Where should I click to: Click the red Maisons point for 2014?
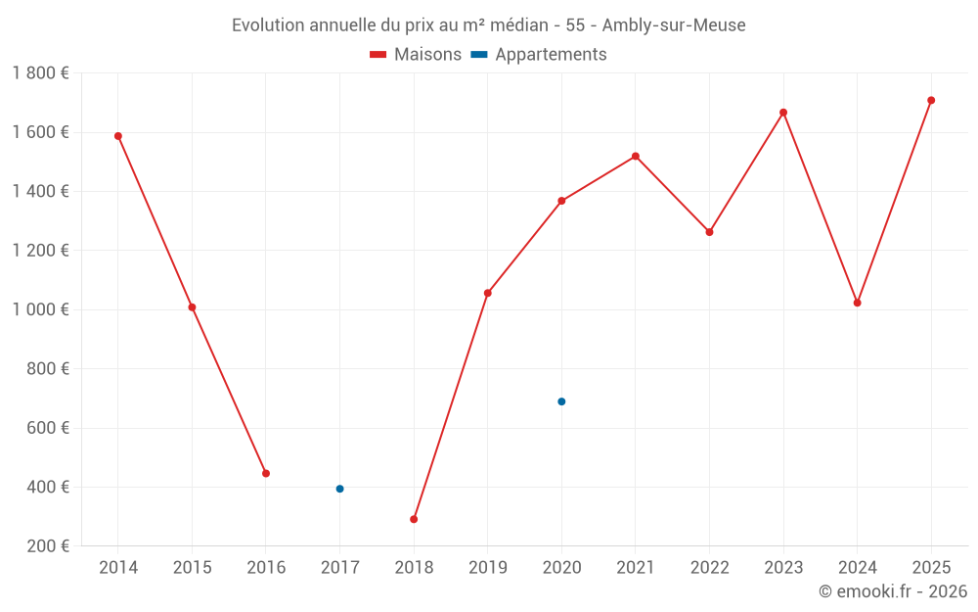(x=118, y=136)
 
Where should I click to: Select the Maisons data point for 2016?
(x=266, y=473)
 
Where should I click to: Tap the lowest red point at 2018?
(x=414, y=519)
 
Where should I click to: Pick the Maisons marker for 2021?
(x=636, y=157)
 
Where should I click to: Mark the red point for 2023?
(x=783, y=113)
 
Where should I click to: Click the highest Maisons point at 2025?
(x=931, y=100)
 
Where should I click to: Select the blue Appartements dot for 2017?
(x=339, y=489)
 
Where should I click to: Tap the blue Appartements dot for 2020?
(x=561, y=401)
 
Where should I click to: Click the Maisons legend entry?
(x=416, y=55)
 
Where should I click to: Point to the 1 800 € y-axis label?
(x=40, y=73)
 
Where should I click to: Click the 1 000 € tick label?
(x=40, y=309)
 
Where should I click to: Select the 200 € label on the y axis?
(x=46, y=546)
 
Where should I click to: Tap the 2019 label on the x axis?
(x=487, y=568)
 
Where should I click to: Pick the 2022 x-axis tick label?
(x=709, y=568)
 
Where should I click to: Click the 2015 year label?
(x=192, y=568)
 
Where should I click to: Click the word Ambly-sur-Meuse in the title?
(x=674, y=25)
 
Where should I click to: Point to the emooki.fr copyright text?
(x=893, y=591)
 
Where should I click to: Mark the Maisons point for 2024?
(x=858, y=303)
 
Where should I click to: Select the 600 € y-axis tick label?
(x=46, y=428)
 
